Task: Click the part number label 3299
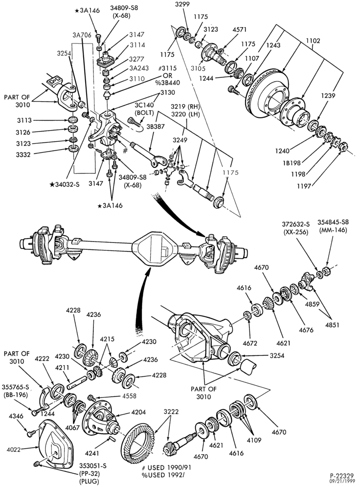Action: click(x=183, y=4)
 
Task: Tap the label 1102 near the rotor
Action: click(x=313, y=41)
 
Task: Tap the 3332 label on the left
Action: click(x=23, y=155)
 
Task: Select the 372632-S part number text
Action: click(x=296, y=224)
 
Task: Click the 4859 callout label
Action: click(x=313, y=304)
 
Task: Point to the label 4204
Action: click(x=139, y=413)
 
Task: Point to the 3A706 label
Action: click(x=82, y=35)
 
